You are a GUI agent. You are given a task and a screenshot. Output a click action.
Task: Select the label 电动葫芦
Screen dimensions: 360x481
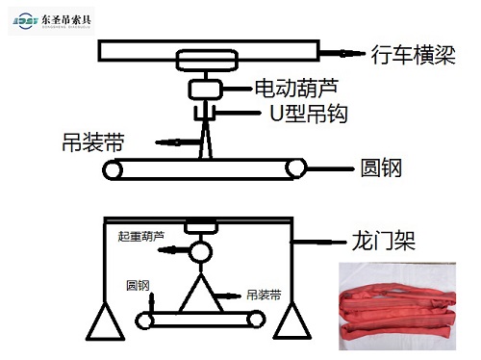[288, 88]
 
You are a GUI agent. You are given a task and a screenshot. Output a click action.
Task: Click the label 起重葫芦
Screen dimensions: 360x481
[140, 234]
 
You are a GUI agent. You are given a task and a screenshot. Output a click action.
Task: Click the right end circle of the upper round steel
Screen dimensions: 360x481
[293, 170]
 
